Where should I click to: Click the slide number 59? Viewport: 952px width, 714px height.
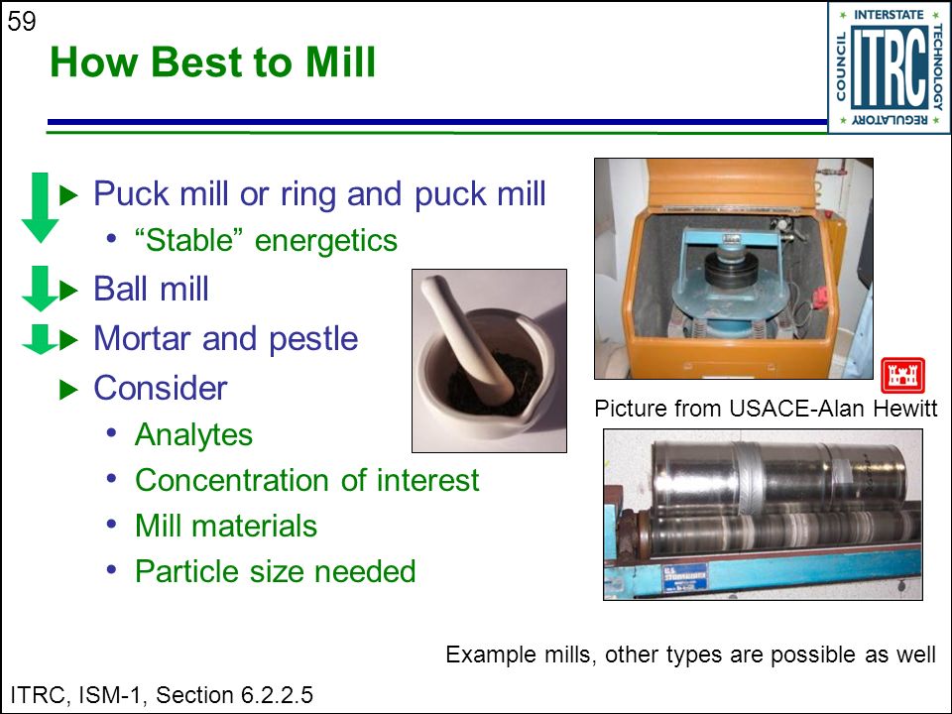[x=21, y=22]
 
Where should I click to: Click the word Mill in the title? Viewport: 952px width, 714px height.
[x=340, y=61]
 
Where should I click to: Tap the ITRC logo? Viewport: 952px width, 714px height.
[x=890, y=66]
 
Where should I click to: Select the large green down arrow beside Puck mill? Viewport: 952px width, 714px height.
[x=40, y=207]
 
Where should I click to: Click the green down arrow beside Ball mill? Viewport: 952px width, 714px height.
[x=40, y=289]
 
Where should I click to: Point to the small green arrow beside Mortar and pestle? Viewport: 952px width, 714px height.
[x=40, y=339]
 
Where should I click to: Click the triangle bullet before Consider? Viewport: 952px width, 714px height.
[x=68, y=389]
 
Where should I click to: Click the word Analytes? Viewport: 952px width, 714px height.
[x=193, y=435]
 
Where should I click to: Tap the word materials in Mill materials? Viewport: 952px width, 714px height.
[x=255, y=526]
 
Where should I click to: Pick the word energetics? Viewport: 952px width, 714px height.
[x=326, y=241]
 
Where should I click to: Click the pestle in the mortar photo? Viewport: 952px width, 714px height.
[x=467, y=337]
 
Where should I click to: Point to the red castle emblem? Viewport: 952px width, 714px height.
[x=902, y=375]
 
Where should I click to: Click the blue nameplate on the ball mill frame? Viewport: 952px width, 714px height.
[x=683, y=577]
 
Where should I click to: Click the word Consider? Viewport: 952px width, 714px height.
[x=161, y=389]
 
